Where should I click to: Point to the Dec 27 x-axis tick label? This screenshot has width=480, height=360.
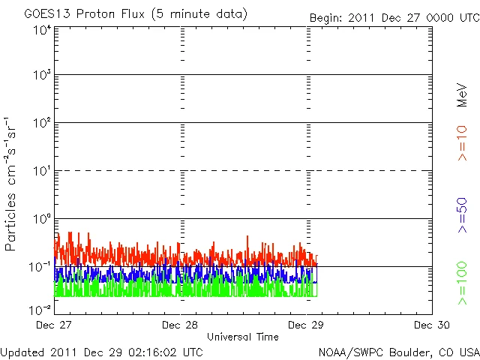pos(54,325)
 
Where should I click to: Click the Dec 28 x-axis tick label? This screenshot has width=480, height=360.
pos(180,325)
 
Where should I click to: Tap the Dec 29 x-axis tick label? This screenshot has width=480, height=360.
pos(306,325)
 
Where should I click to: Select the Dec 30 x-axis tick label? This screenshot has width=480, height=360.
pos(432,325)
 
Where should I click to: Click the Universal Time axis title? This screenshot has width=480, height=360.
pos(243,337)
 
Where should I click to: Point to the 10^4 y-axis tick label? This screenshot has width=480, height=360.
pos(41,30)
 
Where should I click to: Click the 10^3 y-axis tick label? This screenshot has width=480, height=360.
pos(41,76)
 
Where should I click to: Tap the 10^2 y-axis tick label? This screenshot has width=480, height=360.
pos(41,124)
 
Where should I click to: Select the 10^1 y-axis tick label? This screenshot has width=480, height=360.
pos(41,172)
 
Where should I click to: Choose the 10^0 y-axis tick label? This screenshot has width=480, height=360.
pos(41,220)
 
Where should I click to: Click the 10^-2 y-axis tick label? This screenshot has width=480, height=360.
pos(40,309)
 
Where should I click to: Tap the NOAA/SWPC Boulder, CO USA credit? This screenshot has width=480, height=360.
pos(399,351)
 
